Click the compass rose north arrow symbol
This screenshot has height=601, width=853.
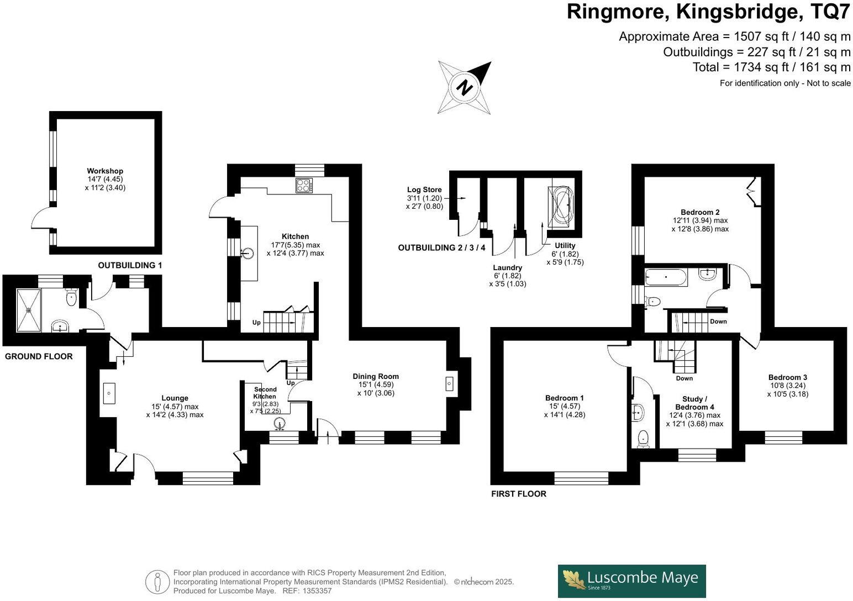pyautogui.click(x=465, y=87)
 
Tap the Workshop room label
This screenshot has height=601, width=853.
pyautogui.click(x=105, y=171)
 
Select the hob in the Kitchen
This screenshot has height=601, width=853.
pyautogui.click(x=304, y=185)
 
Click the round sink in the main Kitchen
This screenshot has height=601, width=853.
pyautogui.click(x=249, y=254)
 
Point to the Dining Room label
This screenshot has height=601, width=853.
pyautogui.click(x=376, y=377)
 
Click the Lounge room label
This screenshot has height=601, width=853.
pyautogui.click(x=175, y=398)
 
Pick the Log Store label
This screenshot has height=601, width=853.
pyautogui.click(x=424, y=190)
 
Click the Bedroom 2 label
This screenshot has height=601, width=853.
pyautogui.click(x=700, y=212)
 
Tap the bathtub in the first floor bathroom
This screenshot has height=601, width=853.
pyautogui.click(x=666, y=277)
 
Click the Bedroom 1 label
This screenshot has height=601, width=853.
pyautogui.click(x=564, y=398)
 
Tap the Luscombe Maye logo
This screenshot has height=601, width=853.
pyautogui.click(x=631, y=581)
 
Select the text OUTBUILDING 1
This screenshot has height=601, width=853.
pyautogui.click(x=130, y=266)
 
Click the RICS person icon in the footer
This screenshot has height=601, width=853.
pyautogui.click(x=158, y=582)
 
